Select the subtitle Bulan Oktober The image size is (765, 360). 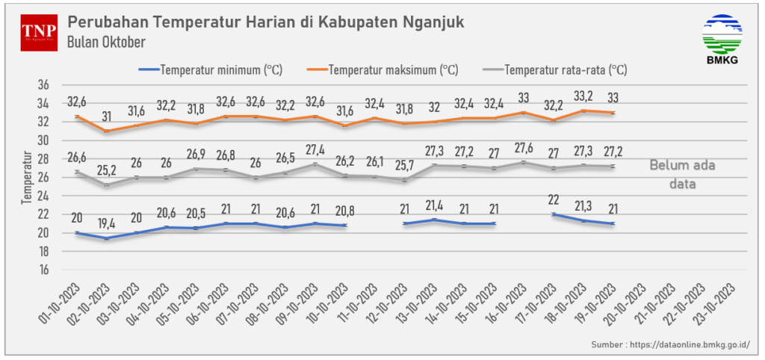tap(105, 42)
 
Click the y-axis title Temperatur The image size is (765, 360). tap(28, 178)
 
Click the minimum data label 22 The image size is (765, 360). tap(554, 199)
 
